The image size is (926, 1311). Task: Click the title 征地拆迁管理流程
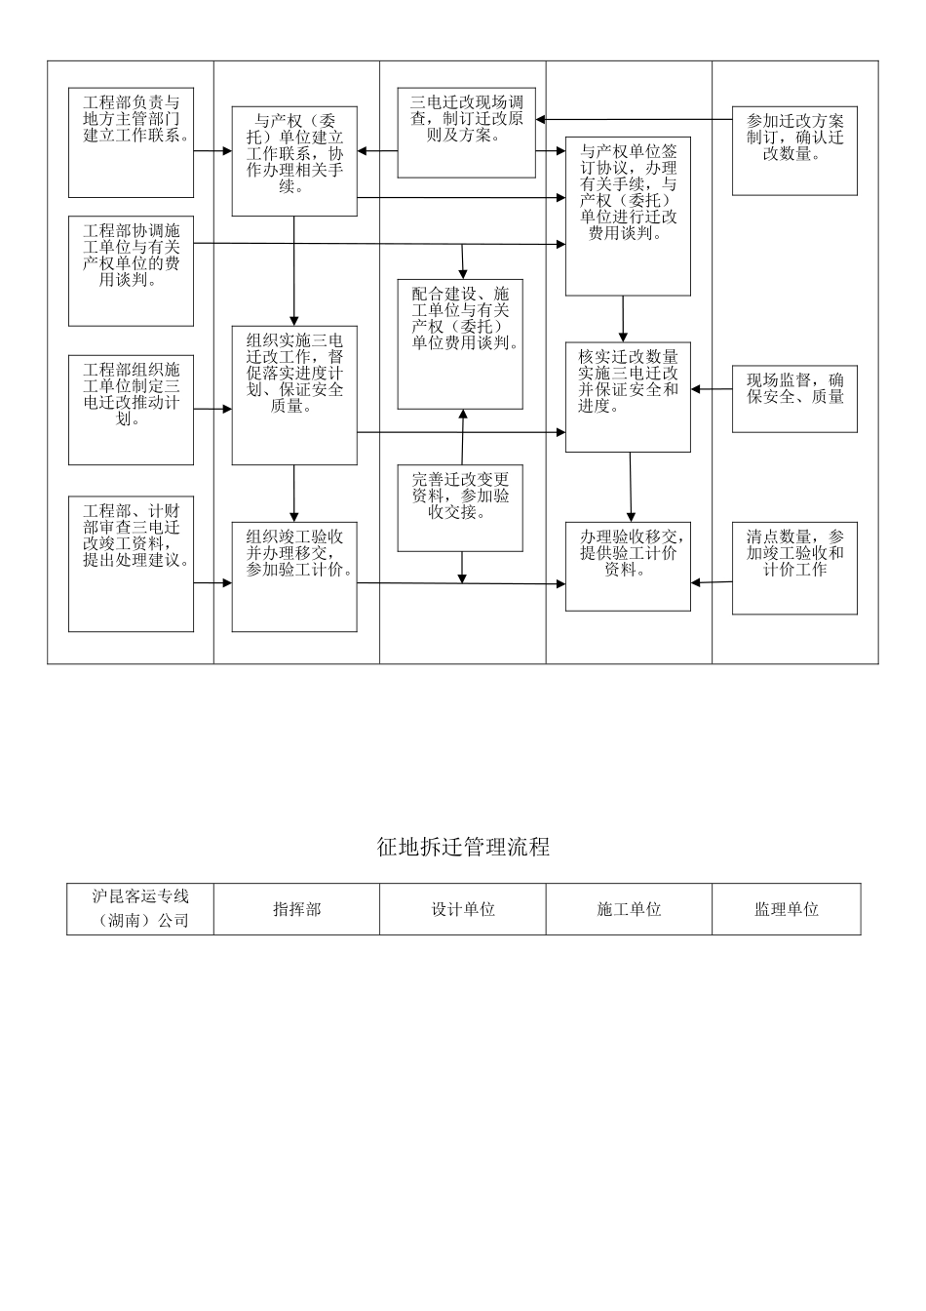[463, 847]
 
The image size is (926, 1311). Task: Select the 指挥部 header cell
[296, 909]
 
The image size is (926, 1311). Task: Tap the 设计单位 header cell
[463, 909]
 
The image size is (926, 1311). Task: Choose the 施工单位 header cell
[629, 909]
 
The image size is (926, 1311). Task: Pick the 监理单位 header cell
[786, 909]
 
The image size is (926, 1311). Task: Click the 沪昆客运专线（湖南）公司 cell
[140, 909]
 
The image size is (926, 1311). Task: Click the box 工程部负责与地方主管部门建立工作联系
[132, 142]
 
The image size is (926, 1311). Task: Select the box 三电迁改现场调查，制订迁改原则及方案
[466, 133]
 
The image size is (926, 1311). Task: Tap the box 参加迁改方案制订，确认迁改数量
[794, 151]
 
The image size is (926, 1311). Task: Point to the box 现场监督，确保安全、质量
[794, 397]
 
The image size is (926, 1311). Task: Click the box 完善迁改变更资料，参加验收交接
[460, 508]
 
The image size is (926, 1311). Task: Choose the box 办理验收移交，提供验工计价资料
[628, 567]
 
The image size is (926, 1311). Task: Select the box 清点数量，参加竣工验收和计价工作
[794, 569]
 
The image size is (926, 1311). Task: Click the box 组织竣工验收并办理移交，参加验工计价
[294, 576]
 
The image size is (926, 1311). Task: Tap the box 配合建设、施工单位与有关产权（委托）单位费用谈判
[462, 335]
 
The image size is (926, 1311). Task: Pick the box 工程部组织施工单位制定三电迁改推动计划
[132, 410]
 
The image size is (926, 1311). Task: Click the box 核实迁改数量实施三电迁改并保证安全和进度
[628, 397]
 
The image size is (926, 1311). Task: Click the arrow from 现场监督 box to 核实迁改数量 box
[712, 390]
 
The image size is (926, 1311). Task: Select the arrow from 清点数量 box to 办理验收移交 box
[712, 583]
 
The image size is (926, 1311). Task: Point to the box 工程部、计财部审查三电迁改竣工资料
[132, 564]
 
